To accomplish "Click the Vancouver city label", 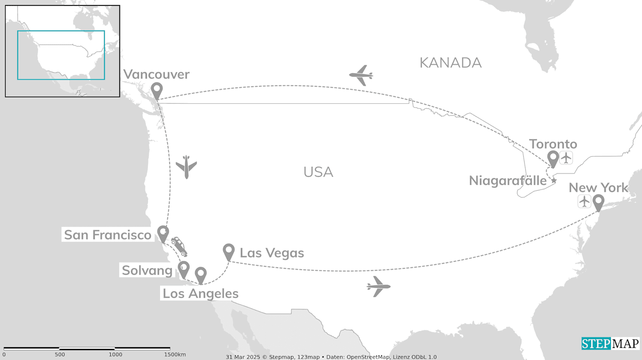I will [x=156, y=75].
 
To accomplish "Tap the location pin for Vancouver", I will [x=157, y=91].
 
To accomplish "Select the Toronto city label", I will [x=553, y=144].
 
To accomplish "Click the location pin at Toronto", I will [x=553, y=158].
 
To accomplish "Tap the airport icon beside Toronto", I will [x=566, y=157].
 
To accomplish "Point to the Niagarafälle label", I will [x=507, y=181].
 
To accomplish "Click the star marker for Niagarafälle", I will [x=554, y=180].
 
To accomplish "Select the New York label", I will [x=598, y=188].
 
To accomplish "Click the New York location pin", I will [x=598, y=202].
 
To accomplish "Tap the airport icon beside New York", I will [x=584, y=202].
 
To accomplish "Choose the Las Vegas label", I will [x=272, y=253].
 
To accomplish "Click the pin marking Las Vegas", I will [x=229, y=251].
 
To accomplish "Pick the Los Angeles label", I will [x=201, y=294].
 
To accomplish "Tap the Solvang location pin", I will [x=184, y=269].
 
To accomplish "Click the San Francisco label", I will [x=108, y=235].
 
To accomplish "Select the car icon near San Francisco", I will [x=179, y=246].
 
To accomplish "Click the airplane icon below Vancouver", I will [x=187, y=166].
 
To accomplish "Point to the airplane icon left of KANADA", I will [x=361, y=75].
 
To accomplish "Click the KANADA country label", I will [x=450, y=63].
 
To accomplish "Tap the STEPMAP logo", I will [x=610, y=343].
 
